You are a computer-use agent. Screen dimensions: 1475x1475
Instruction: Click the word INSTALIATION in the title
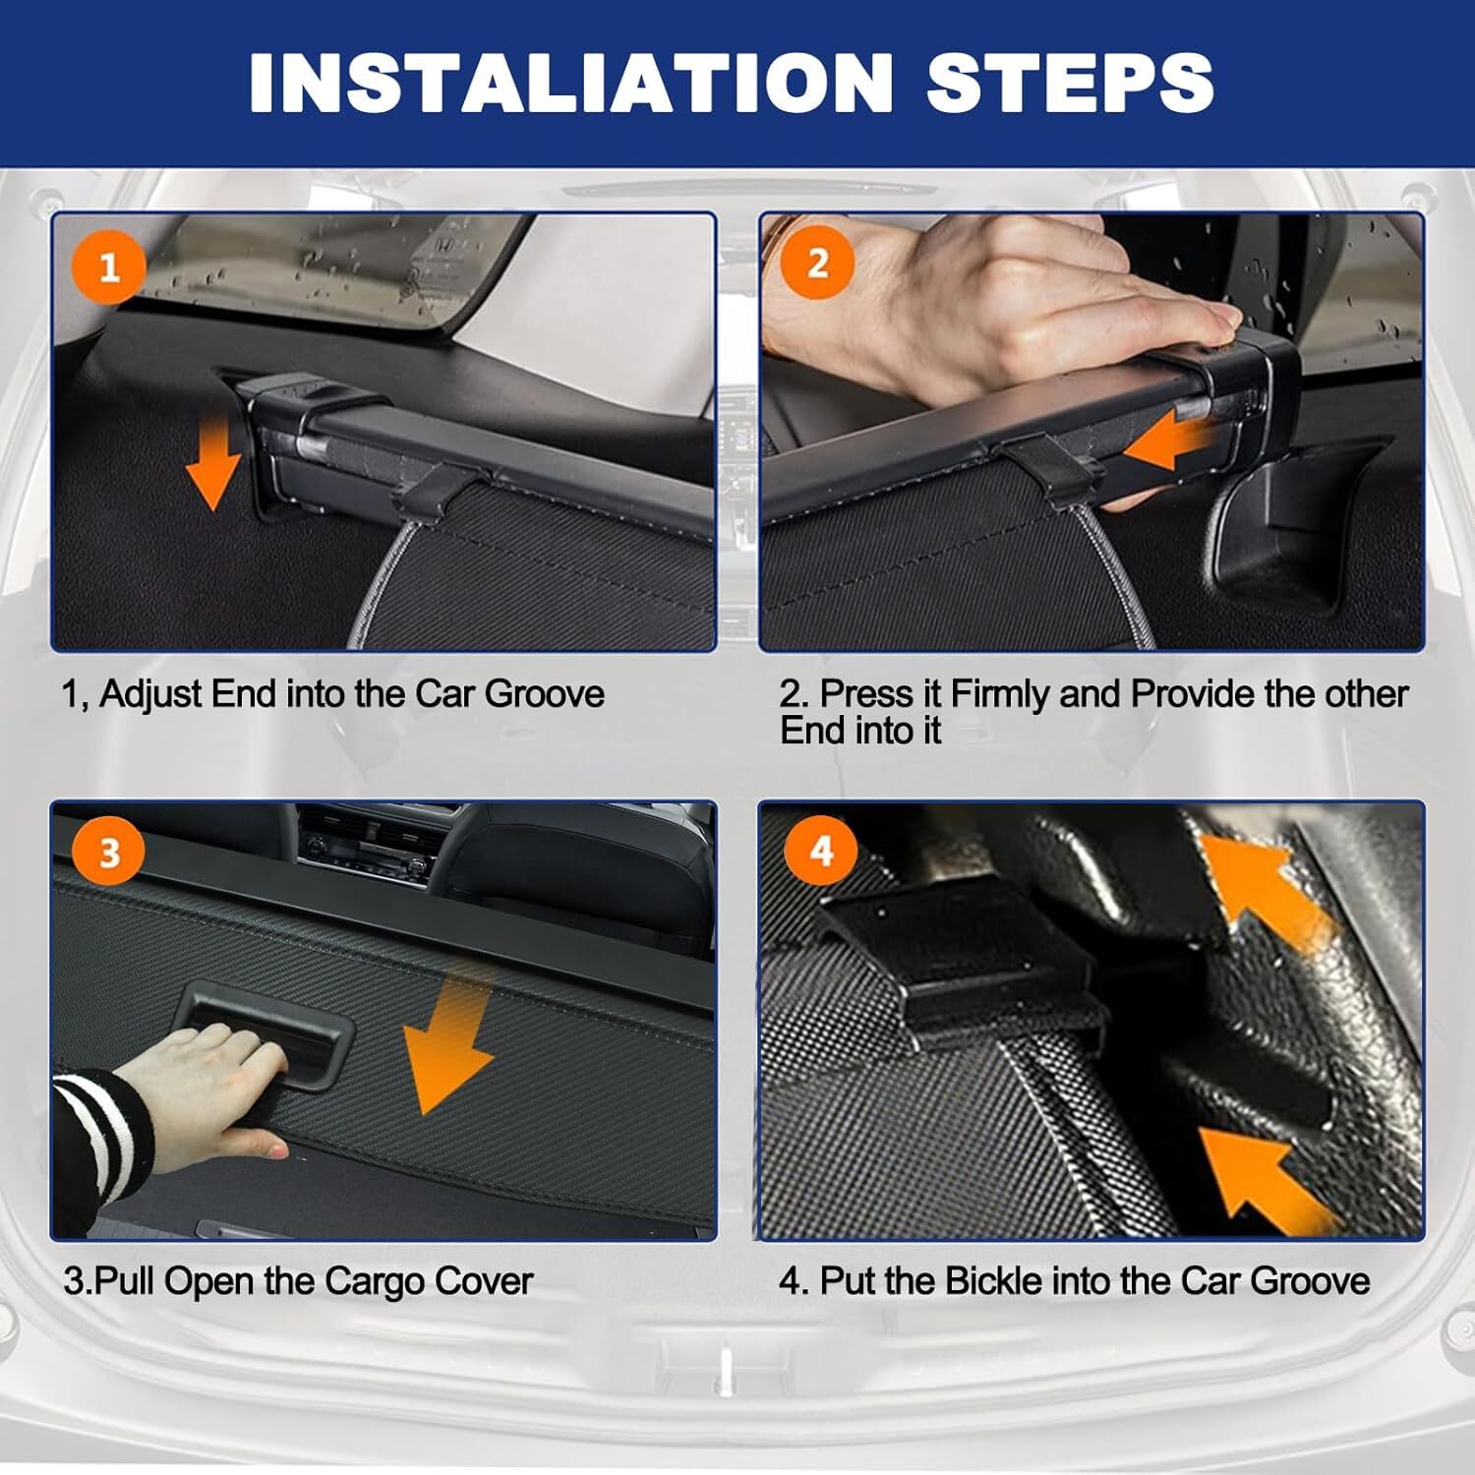pos(570,82)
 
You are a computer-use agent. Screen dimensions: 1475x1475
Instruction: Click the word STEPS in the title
pos(1070,82)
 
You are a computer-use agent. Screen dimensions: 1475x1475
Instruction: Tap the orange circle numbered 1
pos(109,267)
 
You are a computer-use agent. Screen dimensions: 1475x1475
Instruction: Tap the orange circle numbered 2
pos(817,264)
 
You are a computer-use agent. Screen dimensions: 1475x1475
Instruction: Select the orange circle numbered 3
pos(109,852)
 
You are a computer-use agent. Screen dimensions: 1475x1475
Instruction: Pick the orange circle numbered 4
pos(821,850)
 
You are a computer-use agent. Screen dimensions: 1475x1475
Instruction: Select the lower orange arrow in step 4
pos(1268,1180)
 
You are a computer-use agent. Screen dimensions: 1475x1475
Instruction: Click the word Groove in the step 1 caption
pos(545,694)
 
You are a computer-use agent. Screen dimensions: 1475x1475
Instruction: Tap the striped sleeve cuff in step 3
pos(98,1131)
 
